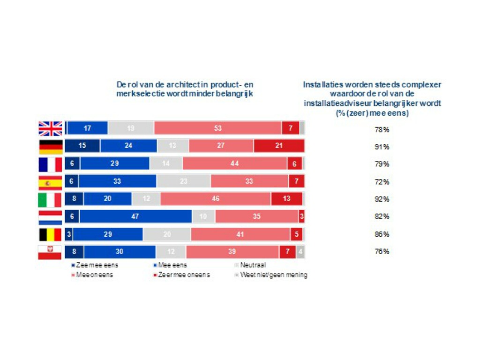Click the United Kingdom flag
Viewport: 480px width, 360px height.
50,128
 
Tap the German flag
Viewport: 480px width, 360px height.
50,146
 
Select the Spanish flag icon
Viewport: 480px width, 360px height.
50,181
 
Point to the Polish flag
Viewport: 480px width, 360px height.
50,252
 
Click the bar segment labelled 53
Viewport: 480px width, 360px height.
217,128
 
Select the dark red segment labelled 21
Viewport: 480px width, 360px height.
279,146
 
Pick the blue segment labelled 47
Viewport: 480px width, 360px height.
136,216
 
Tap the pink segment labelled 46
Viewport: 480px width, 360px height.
216,199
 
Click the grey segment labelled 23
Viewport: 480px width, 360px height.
183,181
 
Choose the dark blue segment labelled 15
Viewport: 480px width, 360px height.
82,146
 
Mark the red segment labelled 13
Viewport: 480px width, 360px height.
286,199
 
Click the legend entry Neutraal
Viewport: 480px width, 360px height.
253,265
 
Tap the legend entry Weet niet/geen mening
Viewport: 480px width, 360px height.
273,275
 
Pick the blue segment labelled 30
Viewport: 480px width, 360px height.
120,252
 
